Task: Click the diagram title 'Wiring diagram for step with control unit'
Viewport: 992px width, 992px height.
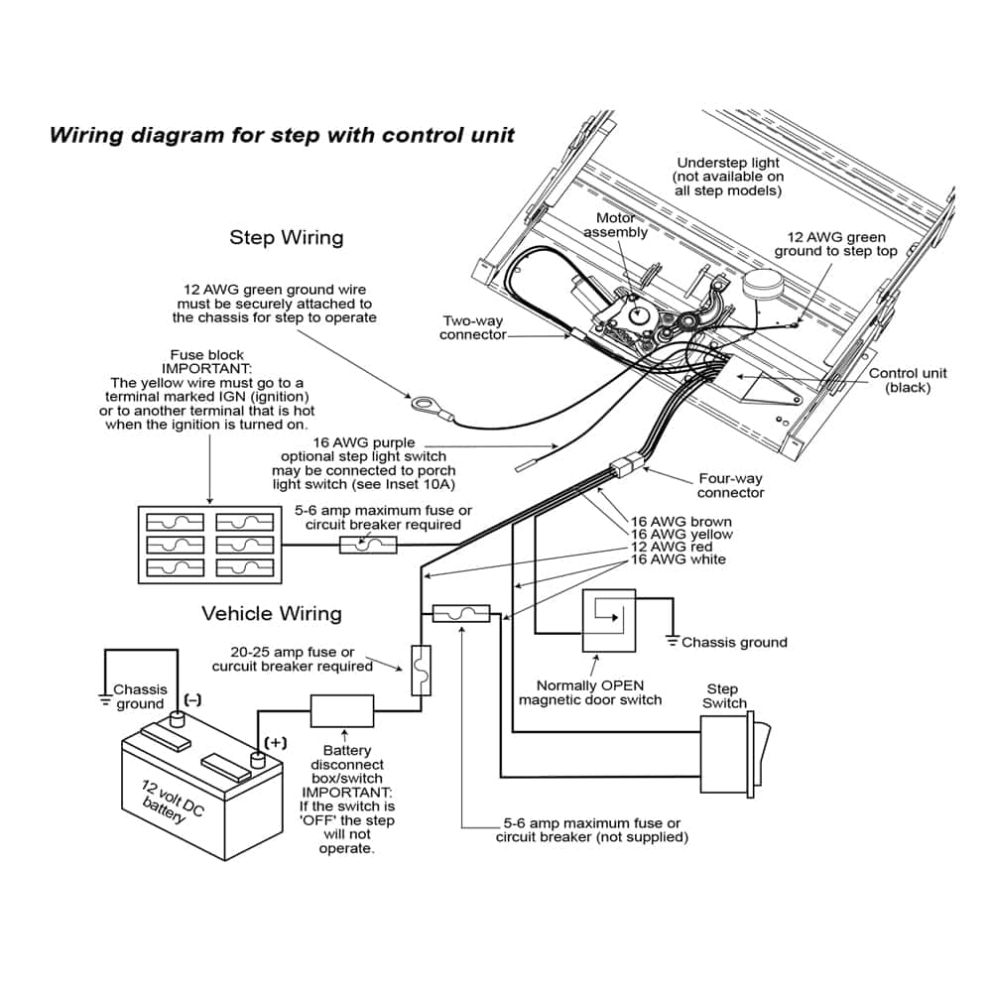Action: tap(283, 134)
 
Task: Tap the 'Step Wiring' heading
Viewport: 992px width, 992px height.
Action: tap(287, 237)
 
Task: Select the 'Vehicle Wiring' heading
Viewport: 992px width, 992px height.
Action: tap(272, 613)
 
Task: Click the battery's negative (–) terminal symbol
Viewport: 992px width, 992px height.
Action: tap(191, 700)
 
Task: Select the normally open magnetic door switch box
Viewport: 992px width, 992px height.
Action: tap(608, 621)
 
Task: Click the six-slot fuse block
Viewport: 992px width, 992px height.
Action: tap(209, 544)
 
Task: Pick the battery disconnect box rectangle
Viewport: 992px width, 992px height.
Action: tap(342, 710)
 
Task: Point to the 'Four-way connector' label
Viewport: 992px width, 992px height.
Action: tap(731, 486)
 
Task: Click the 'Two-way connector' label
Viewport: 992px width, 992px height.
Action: tap(474, 327)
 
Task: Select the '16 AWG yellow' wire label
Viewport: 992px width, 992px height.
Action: tap(682, 535)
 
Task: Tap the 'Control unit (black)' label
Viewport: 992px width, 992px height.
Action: tap(908, 380)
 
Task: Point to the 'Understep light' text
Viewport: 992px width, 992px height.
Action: tap(728, 163)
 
